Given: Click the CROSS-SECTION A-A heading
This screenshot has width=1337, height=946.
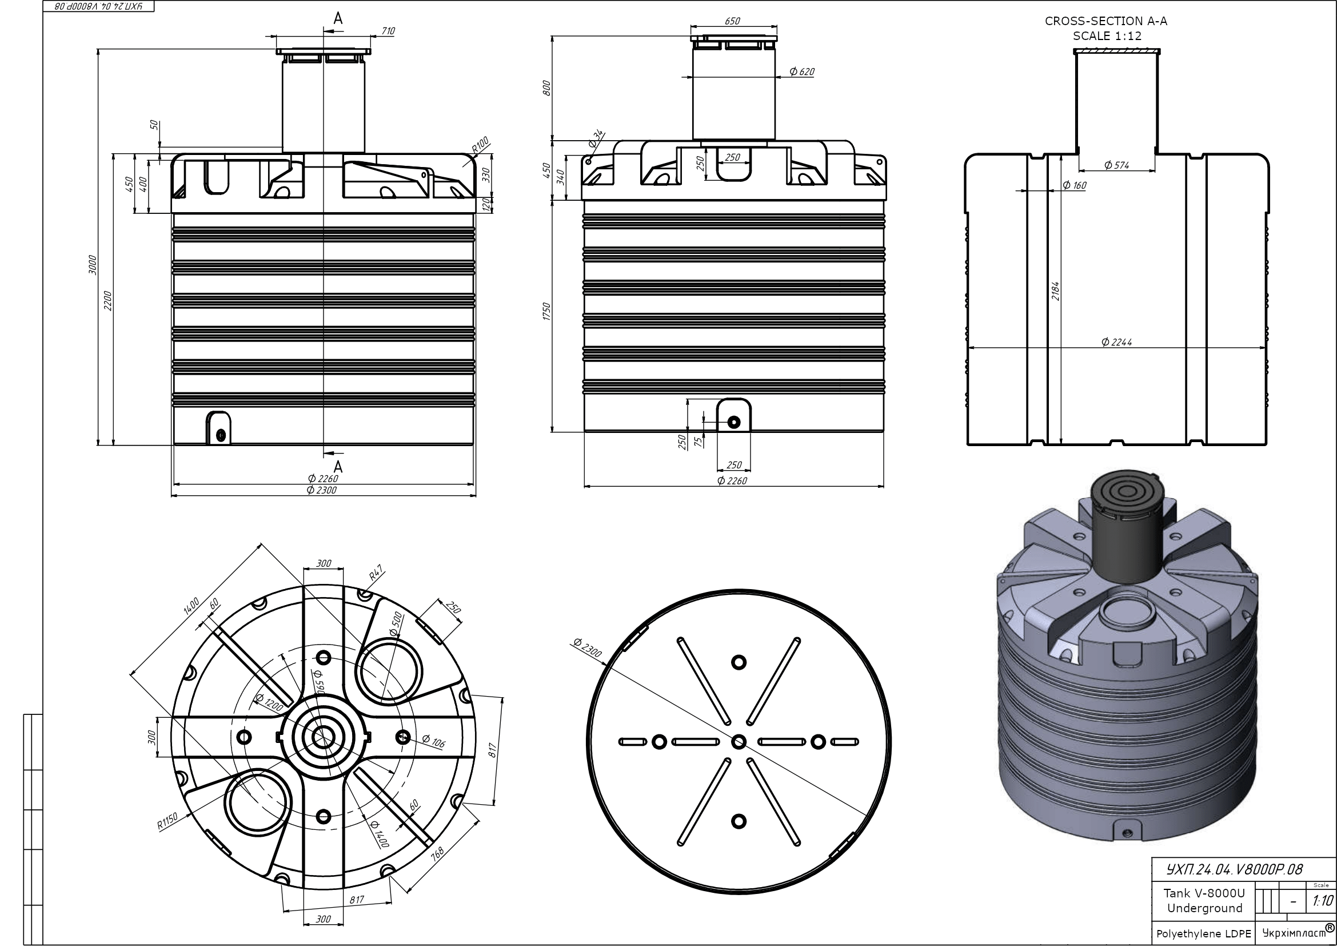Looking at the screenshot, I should pos(1106,22).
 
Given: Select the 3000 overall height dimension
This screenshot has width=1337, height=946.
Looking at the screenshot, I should pos(92,265).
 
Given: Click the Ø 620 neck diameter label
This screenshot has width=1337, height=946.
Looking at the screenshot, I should pos(802,71).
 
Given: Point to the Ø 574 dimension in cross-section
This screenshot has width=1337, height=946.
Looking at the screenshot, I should pos(1116,165).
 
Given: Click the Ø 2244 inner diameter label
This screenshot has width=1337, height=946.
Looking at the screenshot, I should pos(1116,342).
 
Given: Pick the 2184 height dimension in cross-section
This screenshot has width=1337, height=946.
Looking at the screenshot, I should pos(1055,291).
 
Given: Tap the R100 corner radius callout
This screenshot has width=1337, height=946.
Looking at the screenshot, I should pos(480,145).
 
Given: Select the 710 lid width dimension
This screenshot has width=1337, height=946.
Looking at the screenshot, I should pos(388,31).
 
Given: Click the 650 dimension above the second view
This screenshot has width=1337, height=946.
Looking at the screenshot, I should pos(732,21).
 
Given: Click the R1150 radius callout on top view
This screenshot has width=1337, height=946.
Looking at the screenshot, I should pos(167,822).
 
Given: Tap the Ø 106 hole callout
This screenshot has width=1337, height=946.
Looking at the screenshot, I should pos(433,742).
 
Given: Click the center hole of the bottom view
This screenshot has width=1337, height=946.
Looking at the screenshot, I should pos(739,742).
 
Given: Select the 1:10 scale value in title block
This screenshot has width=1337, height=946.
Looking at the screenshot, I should pos(1322,901).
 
